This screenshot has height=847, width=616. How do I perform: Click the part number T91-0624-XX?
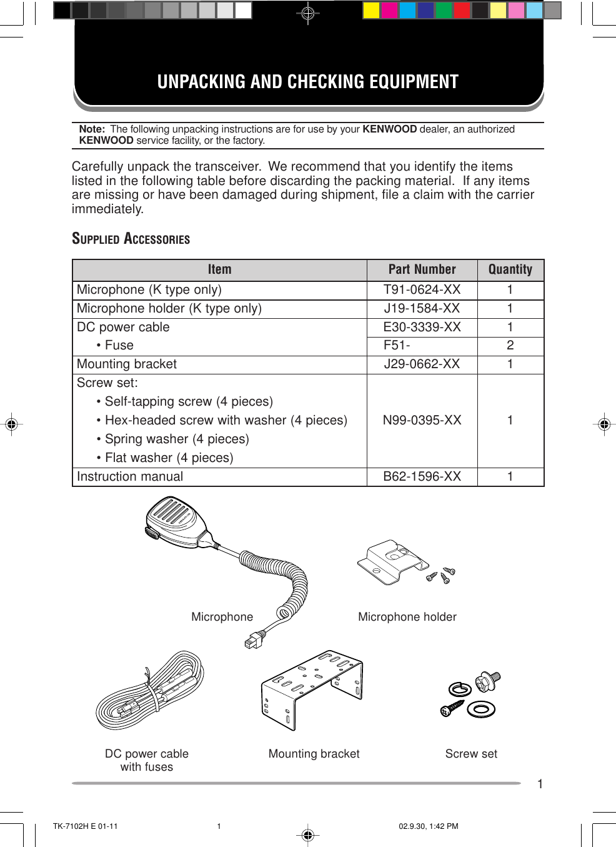pos(422,289)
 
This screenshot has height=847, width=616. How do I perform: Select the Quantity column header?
pos(510,269)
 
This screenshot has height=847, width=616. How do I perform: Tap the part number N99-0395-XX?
pos(422,420)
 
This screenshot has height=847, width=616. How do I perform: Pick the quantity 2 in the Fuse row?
pos(510,345)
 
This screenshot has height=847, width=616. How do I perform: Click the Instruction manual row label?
pos(130,476)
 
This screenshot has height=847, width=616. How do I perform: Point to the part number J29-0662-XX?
pos(422,364)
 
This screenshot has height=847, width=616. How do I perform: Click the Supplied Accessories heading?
pos(131,239)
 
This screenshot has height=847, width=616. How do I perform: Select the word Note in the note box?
pos(91,129)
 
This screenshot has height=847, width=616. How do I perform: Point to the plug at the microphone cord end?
pos(253,640)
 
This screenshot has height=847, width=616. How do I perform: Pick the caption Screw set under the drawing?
pos(471,754)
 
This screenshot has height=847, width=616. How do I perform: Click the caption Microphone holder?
pos(407,617)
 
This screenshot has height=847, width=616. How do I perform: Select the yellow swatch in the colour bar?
pos(371,11)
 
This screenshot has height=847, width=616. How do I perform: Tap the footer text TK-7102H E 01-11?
pos(85,826)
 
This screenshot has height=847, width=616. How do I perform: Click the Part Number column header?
pos(422,269)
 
